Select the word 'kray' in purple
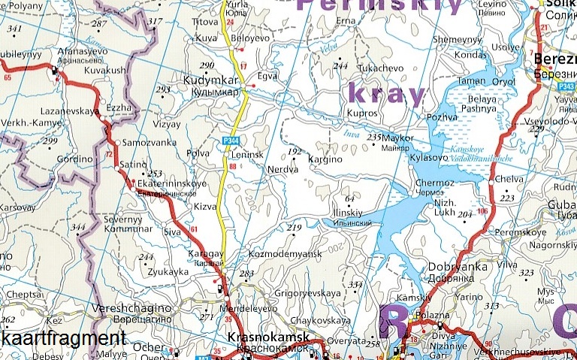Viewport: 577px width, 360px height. [388, 95]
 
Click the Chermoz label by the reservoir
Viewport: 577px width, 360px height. [434, 183]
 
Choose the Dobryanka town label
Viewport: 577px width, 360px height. [454, 267]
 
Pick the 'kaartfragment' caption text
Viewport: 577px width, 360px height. [63, 337]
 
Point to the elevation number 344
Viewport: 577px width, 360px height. [77, 226]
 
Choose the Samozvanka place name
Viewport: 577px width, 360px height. [150, 143]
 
